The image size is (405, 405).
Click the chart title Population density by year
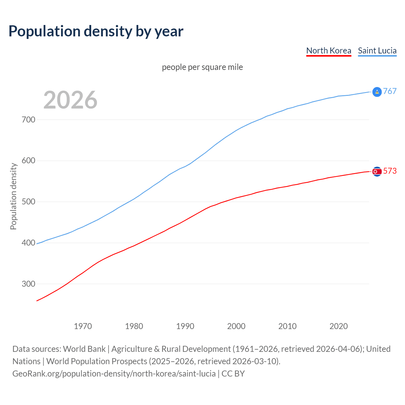coord(96,31)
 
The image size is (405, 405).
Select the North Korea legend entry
coord(329,51)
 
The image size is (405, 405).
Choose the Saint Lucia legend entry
coord(377,51)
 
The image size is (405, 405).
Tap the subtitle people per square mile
coord(202,67)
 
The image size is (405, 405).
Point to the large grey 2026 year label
coord(70,100)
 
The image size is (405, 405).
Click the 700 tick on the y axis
coord(28,120)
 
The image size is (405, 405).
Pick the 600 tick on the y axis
coord(28,161)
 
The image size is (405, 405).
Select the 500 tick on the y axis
coord(28,202)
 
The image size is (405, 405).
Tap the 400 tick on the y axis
coord(28,243)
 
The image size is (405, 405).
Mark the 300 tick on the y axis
coord(28,284)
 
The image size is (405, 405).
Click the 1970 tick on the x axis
coord(83,326)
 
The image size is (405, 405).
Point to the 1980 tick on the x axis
coord(134,326)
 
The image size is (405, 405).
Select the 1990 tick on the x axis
coord(185,326)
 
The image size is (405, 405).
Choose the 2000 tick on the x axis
coord(236,326)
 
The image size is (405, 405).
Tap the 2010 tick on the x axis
coord(288,326)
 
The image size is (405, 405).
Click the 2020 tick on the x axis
coord(339,326)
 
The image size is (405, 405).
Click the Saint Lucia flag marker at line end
coord(377,92)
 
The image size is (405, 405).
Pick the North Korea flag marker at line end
coord(377,171)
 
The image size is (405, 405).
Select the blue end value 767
coord(390,91)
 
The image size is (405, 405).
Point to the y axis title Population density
coord(13,196)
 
